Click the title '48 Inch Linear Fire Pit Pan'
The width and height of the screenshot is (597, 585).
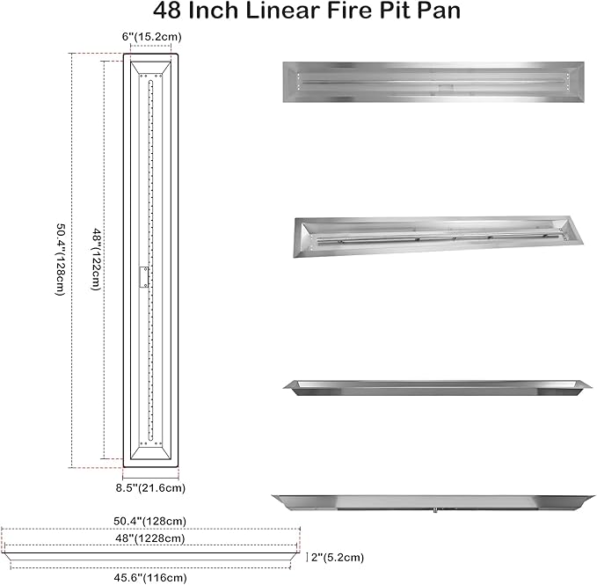(299, 12)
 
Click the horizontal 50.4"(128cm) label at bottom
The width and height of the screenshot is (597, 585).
(149, 521)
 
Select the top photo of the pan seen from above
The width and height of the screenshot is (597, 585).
(434, 82)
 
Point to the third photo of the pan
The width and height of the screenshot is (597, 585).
(434, 389)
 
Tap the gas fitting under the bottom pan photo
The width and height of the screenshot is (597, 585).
(433, 513)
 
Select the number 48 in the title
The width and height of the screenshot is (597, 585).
(170, 12)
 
